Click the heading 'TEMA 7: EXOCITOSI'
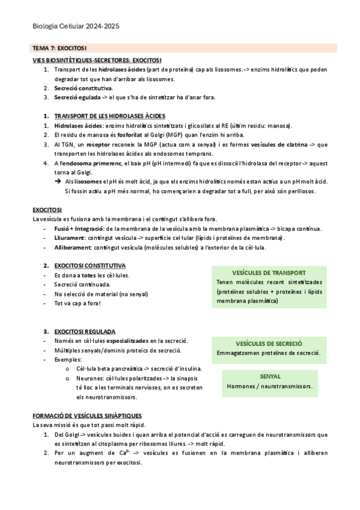click(59, 48)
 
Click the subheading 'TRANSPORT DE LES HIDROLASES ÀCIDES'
click(110, 116)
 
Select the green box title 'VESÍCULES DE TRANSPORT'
click(269, 272)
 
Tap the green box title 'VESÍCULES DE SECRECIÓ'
click(269, 343)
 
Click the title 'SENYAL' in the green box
click(270, 376)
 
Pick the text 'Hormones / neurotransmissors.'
click(270, 386)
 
